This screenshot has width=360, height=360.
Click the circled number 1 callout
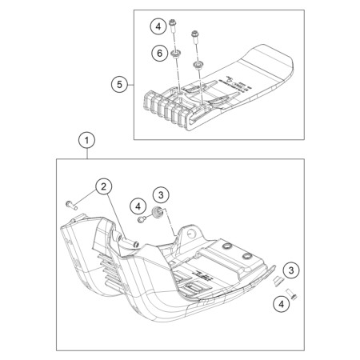coord(86,140)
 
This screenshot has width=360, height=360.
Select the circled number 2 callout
coord(103,186)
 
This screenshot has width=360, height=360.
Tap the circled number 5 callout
coord(119,85)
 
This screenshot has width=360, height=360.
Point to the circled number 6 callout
coord(159,53)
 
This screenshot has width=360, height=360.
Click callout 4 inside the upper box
coord(158,26)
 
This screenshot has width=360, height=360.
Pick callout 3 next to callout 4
coord(161,195)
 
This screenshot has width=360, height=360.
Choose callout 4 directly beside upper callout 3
coord(138,206)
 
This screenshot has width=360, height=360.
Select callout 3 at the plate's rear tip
coord(291,270)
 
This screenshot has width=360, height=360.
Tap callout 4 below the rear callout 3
coord(282,304)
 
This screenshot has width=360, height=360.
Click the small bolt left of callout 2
coord(71,205)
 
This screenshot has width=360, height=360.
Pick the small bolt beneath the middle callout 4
coord(142,219)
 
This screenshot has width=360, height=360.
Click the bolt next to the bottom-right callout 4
coord(291,294)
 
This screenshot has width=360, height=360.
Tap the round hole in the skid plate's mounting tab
coord(191,234)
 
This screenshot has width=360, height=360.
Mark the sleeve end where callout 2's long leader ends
coord(136,244)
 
